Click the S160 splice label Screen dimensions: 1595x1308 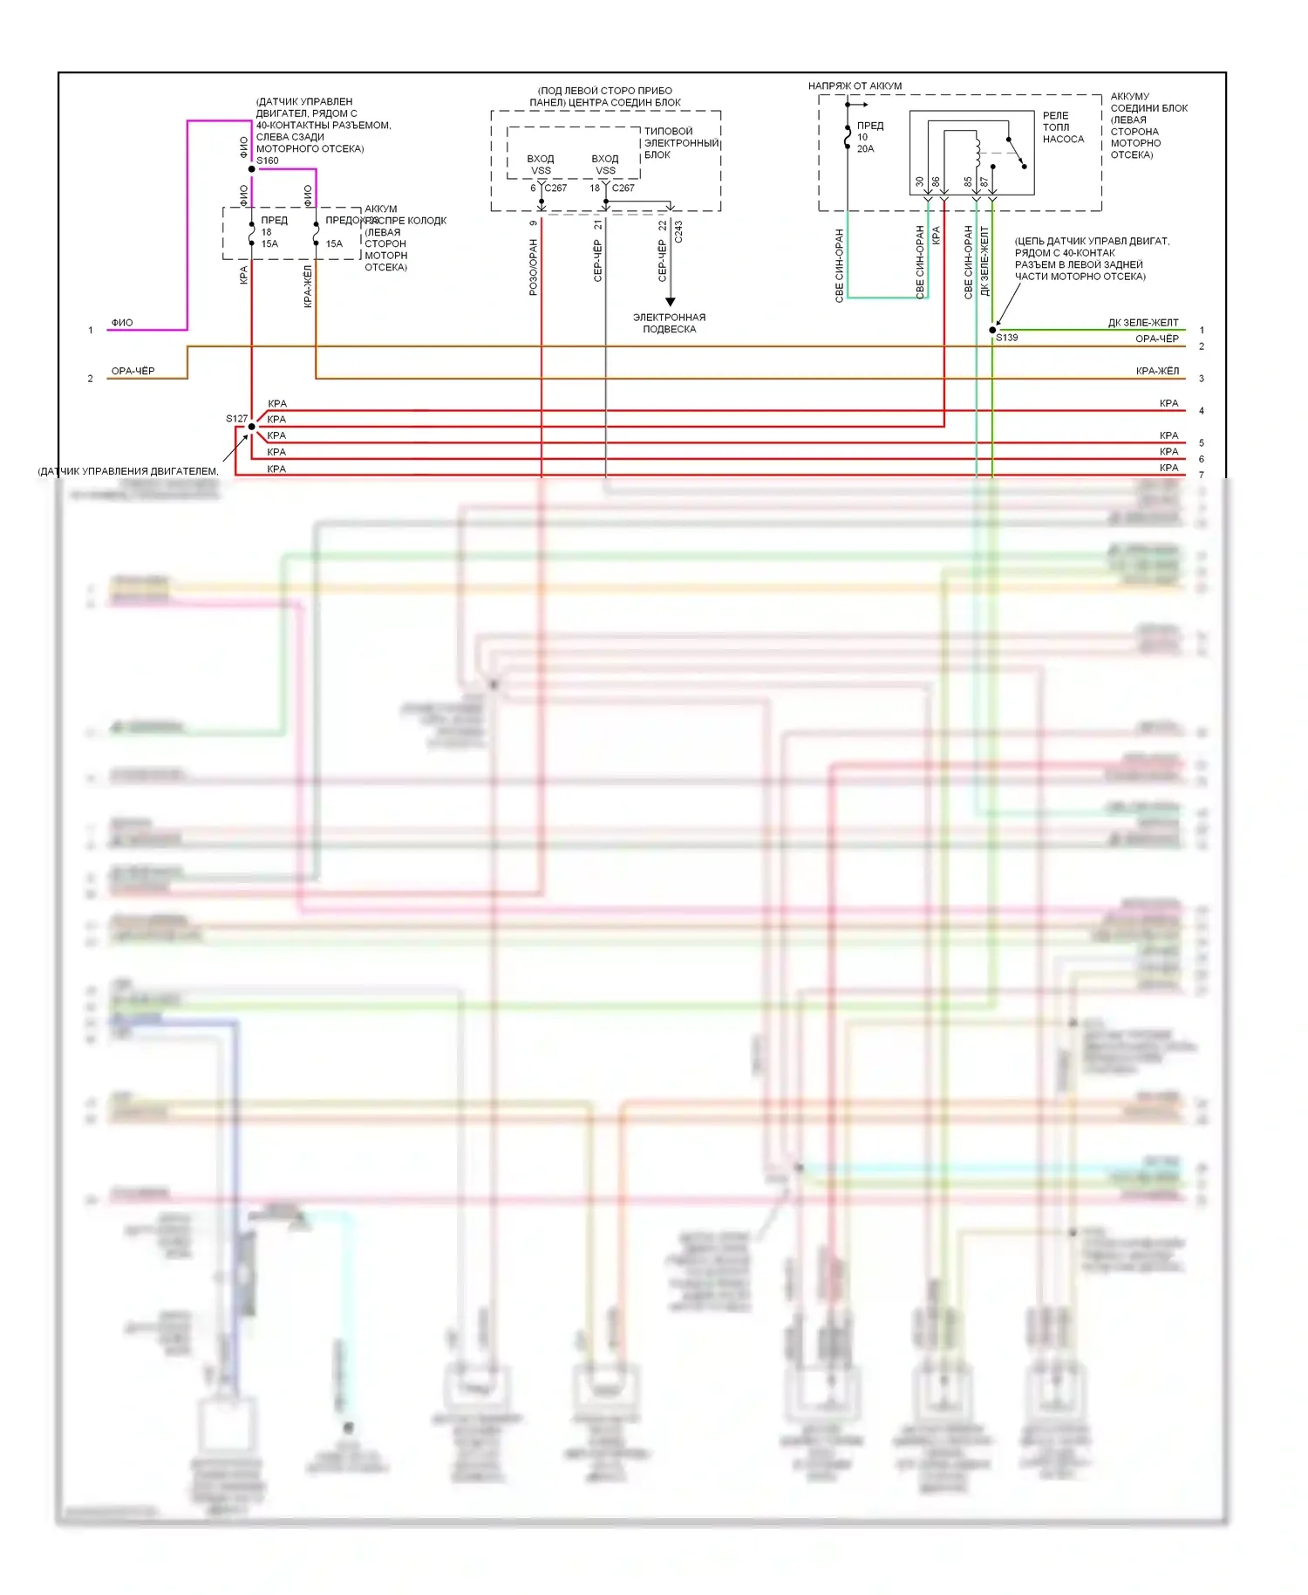[x=267, y=161]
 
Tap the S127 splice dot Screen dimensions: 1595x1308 [x=251, y=427]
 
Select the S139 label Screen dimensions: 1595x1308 [x=1007, y=338]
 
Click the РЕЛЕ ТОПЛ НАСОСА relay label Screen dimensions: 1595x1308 [x=1063, y=127]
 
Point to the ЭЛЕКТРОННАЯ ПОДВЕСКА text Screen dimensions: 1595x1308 [x=669, y=323]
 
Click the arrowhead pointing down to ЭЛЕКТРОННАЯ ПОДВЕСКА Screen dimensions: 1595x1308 [x=670, y=302]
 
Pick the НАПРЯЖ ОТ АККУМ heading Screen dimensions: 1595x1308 [x=855, y=86]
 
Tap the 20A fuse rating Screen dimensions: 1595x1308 [x=865, y=149]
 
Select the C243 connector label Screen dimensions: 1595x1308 [x=678, y=231]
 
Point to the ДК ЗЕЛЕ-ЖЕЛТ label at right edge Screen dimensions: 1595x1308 [x=1142, y=323]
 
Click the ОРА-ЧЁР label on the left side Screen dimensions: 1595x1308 [x=133, y=371]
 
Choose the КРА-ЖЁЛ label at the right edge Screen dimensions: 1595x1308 [x=1157, y=371]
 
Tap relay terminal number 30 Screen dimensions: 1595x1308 [x=919, y=182]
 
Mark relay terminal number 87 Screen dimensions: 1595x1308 [x=984, y=182]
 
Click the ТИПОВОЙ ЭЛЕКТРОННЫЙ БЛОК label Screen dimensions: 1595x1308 [x=681, y=143]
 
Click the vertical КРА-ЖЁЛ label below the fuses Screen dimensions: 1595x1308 [x=307, y=287]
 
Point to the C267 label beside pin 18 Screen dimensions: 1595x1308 [x=623, y=188]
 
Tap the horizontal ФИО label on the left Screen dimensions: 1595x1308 [x=122, y=323]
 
